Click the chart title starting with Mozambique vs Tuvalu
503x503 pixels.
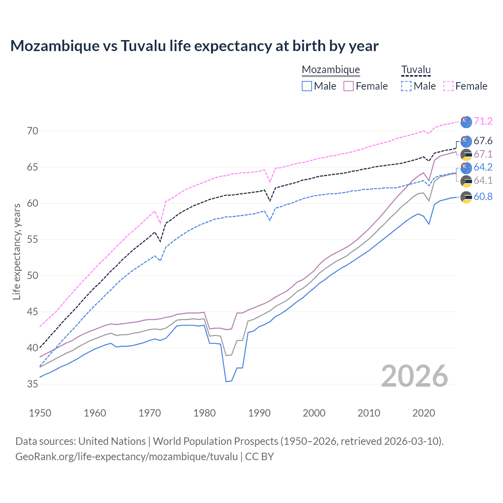(x=194, y=46)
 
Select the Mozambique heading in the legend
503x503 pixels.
(x=330, y=70)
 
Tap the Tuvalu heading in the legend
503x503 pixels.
(x=416, y=70)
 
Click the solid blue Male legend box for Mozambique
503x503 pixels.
(x=307, y=86)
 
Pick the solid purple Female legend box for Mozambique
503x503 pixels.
(x=349, y=86)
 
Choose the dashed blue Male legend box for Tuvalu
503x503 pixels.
(x=406, y=86)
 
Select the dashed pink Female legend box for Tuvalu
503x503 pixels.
(x=448, y=86)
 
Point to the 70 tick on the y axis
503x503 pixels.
(x=33, y=131)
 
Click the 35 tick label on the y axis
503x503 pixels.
(x=33, y=384)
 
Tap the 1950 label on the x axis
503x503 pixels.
(x=40, y=413)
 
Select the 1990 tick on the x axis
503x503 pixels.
(x=259, y=413)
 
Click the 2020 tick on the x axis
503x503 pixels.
(x=424, y=413)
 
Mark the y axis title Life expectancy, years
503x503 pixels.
(x=17, y=251)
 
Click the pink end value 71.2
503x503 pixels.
(x=483, y=121)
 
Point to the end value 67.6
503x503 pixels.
(x=483, y=141)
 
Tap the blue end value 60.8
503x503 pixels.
(x=483, y=196)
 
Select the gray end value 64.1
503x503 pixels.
(x=483, y=180)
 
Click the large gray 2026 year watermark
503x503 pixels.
(x=415, y=376)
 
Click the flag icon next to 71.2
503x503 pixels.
(x=466, y=122)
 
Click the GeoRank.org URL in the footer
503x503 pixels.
(x=127, y=457)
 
